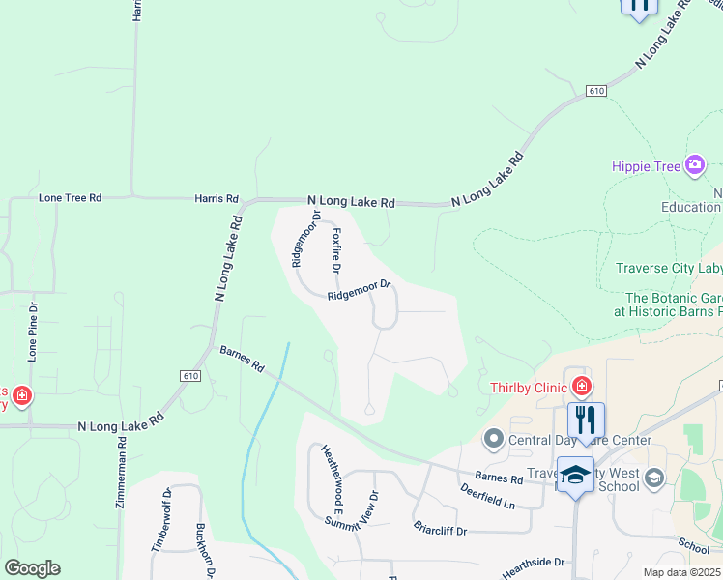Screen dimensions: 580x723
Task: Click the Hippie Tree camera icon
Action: coord(695,166)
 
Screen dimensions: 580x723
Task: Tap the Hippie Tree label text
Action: coord(647,166)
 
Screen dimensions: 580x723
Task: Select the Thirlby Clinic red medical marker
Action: coord(581,388)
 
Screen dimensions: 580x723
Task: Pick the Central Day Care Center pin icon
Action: coord(494,441)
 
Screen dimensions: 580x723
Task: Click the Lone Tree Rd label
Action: coord(70,198)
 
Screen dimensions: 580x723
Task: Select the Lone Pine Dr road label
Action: coord(32,333)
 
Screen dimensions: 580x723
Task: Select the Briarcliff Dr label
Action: coord(440,531)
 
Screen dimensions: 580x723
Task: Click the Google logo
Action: coord(32,568)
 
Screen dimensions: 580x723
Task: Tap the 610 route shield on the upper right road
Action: coord(595,91)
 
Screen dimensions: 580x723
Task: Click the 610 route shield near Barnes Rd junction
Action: coord(188,375)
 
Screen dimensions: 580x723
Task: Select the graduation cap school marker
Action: coord(576,475)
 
